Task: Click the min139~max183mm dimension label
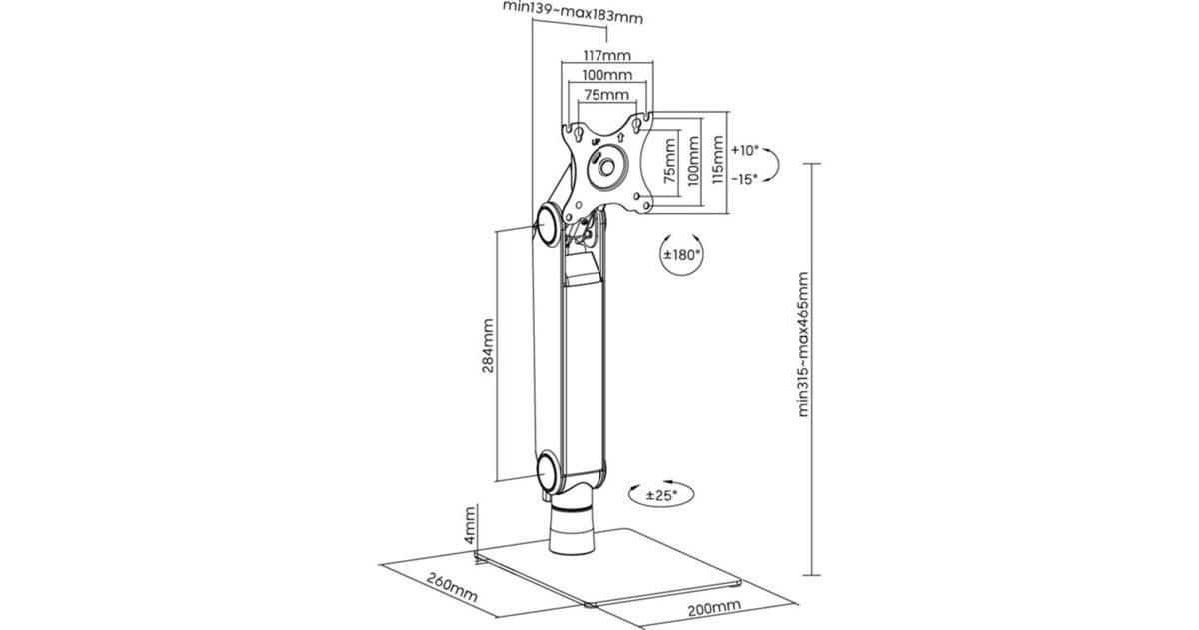pyautogui.click(x=573, y=12)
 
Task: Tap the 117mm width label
pyautogui.click(x=607, y=55)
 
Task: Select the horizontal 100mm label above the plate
pyautogui.click(x=607, y=75)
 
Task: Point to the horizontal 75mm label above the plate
pyautogui.click(x=606, y=95)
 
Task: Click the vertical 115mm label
pyautogui.click(x=717, y=160)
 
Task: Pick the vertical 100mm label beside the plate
pyautogui.click(x=693, y=161)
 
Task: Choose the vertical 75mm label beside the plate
pyautogui.click(x=669, y=161)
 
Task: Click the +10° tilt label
pyautogui.click(x=745, y=151)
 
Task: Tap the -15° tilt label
pyautogui.click(x=745, y=179)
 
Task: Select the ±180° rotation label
pyautogui.click(x=681, y=254)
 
